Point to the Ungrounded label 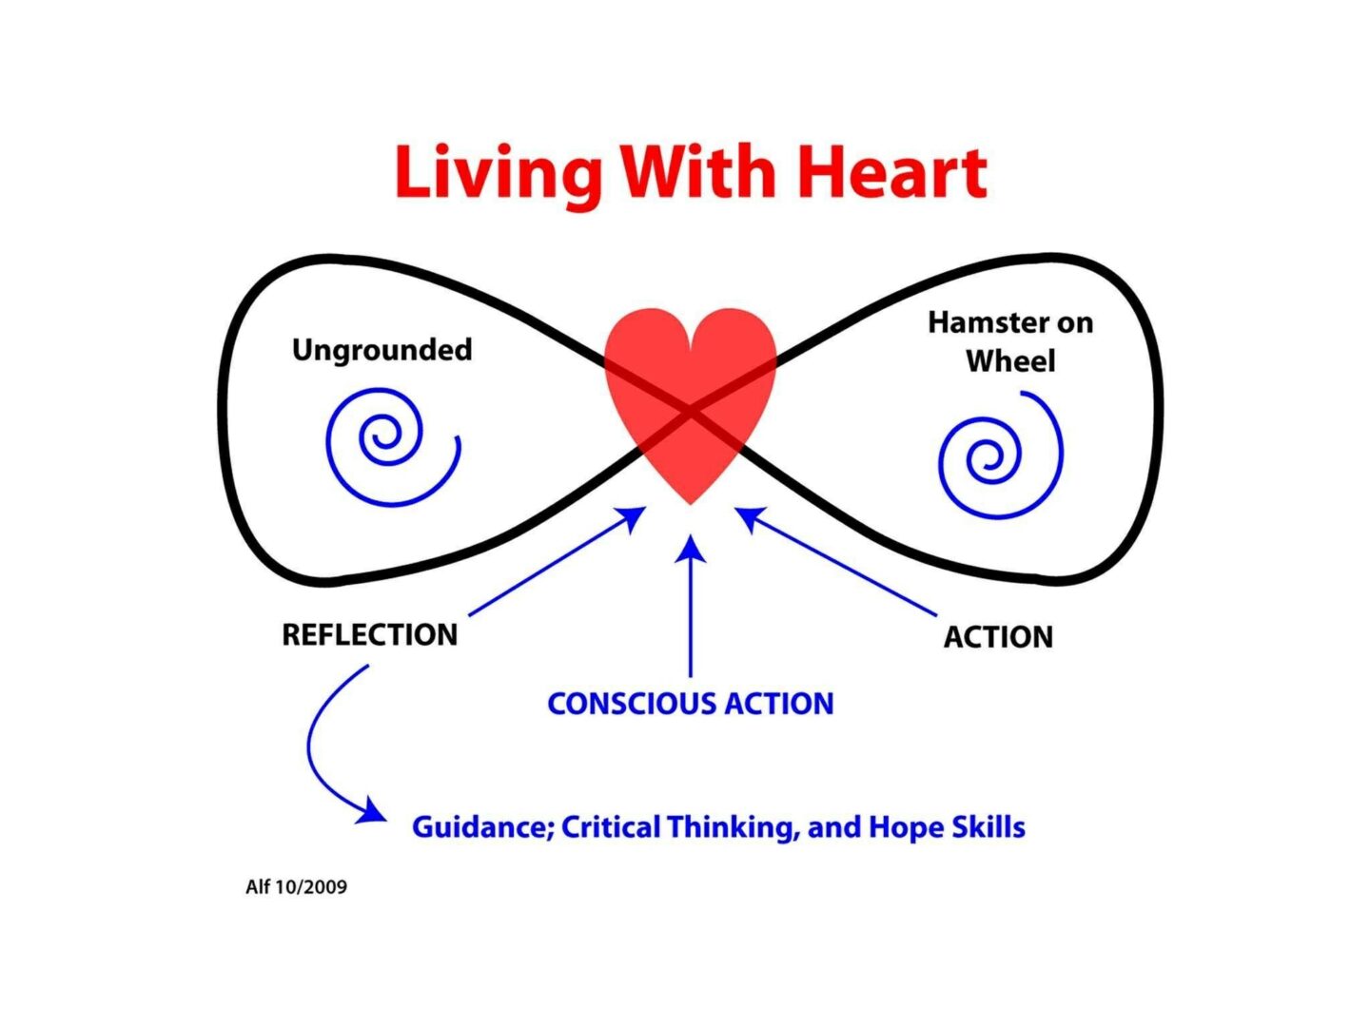point(382,350)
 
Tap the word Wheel point(1010,361)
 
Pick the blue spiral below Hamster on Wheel point(999,456)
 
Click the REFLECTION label point(369,634)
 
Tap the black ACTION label point(998,637)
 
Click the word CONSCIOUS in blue point(632,704)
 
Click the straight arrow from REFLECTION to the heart point(557,562)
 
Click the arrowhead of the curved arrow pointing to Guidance point(372,812)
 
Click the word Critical point(610,827)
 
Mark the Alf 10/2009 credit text point(296,887)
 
